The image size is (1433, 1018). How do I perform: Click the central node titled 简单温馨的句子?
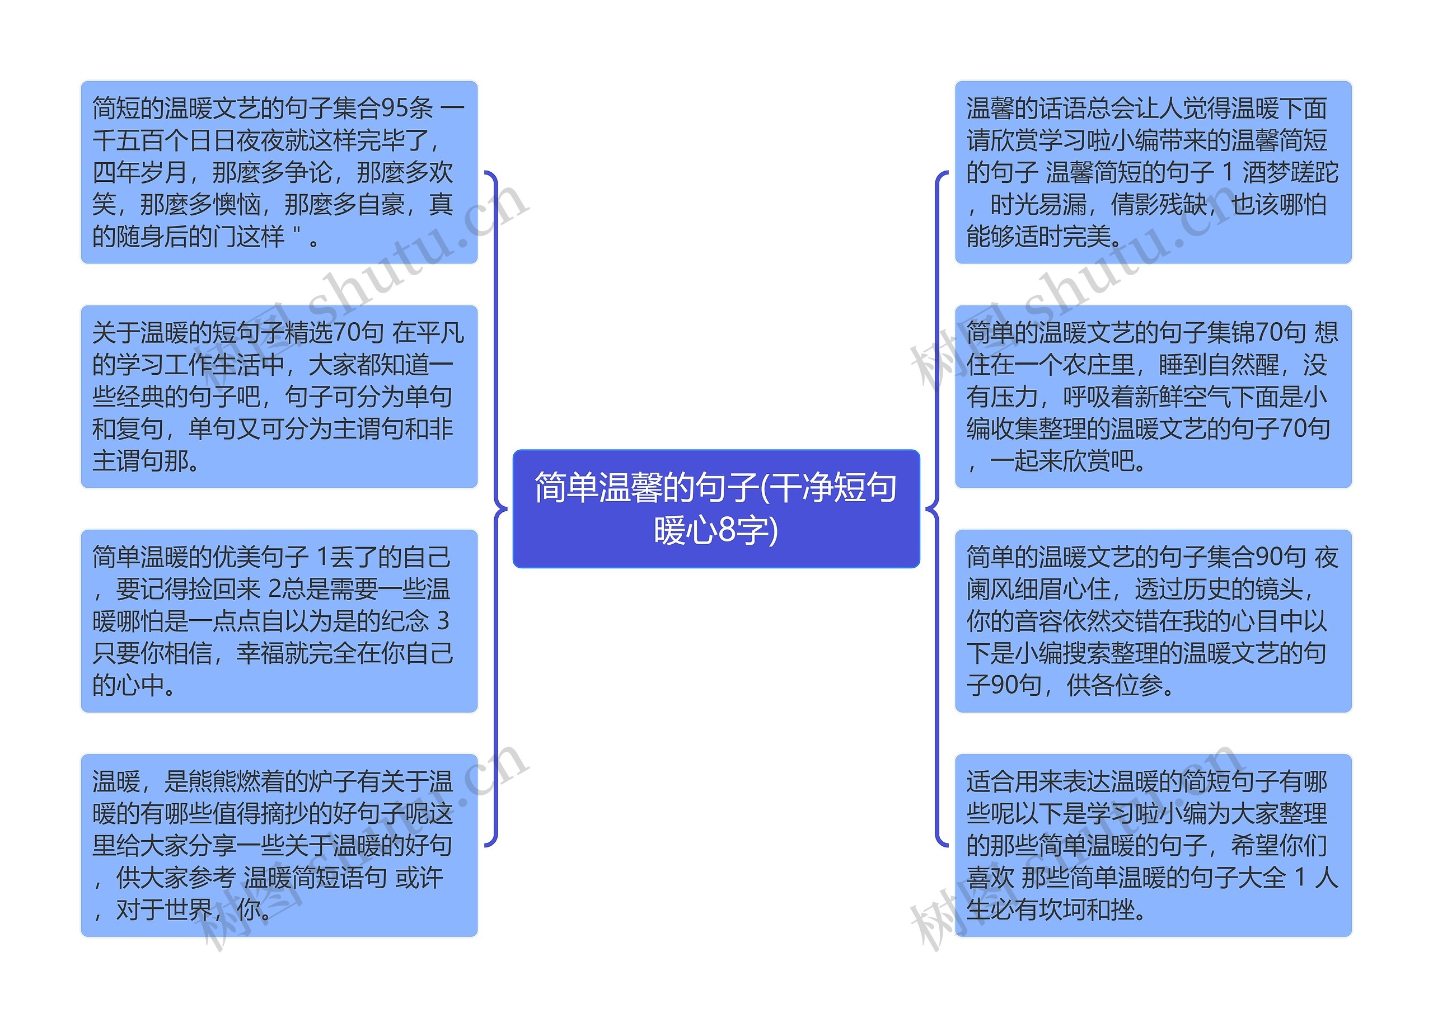coord(715,508)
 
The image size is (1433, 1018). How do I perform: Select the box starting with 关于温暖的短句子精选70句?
coord(279,397)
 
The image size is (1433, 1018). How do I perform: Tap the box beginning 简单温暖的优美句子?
coord(279,620)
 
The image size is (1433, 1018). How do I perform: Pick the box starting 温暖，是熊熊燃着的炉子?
coord(279,845)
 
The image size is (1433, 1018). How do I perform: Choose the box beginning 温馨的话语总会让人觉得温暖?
coord(1153,172)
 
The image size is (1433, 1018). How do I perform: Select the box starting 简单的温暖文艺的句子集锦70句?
coord(1153,397)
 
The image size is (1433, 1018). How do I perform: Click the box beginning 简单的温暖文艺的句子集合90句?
coord(1153,620)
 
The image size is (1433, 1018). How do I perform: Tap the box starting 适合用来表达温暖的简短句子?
coord(1153,845)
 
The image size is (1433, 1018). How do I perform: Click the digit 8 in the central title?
coord(726,530)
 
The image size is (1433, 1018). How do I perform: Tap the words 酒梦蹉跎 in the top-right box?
coord(1290,172)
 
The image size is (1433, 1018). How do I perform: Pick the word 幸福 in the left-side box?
coord(260,653)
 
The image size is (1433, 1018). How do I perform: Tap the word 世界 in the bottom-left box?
coord(188,909)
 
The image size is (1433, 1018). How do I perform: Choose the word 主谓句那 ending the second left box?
coord(141,461)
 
